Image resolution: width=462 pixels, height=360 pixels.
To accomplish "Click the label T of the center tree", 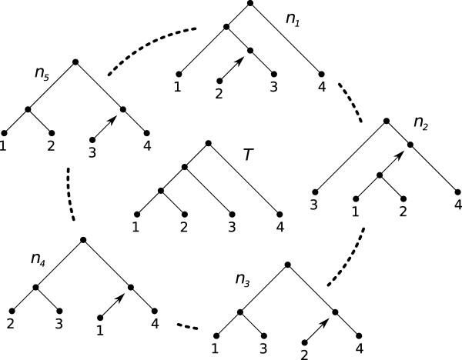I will [247, 155].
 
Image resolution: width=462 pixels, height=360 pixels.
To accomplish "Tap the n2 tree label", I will [421, 123].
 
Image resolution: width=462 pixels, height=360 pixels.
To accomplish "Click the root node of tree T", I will [209, 142].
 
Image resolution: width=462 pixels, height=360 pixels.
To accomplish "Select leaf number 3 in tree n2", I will [315, 204].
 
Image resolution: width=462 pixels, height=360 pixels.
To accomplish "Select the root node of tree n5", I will [75, 62].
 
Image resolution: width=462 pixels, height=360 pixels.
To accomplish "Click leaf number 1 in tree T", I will [136, 227].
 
